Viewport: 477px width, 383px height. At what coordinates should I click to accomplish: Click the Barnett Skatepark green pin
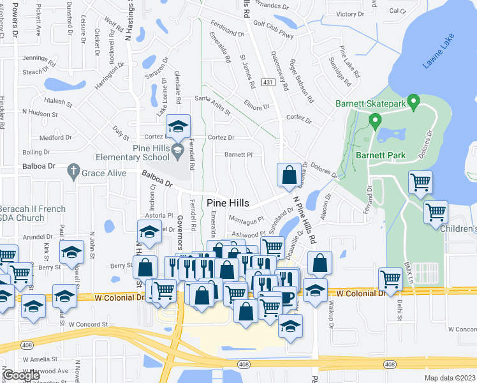[413, 101]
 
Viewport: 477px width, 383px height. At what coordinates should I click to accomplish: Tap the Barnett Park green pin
[375, 120]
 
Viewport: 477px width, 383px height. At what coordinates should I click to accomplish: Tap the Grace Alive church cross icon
[73, 172]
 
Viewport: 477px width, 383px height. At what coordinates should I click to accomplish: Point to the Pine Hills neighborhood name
[228, 203]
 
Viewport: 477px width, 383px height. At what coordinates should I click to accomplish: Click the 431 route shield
[268, 82]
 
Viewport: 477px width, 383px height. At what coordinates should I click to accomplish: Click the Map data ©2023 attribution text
[450, 378]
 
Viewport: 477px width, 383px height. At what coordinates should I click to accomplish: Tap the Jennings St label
[36, 58]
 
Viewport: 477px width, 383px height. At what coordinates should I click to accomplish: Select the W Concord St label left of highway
[89, 324]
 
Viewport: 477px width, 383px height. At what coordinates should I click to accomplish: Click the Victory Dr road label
[349, 14]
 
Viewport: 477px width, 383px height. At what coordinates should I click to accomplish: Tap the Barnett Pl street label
[238, 154]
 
